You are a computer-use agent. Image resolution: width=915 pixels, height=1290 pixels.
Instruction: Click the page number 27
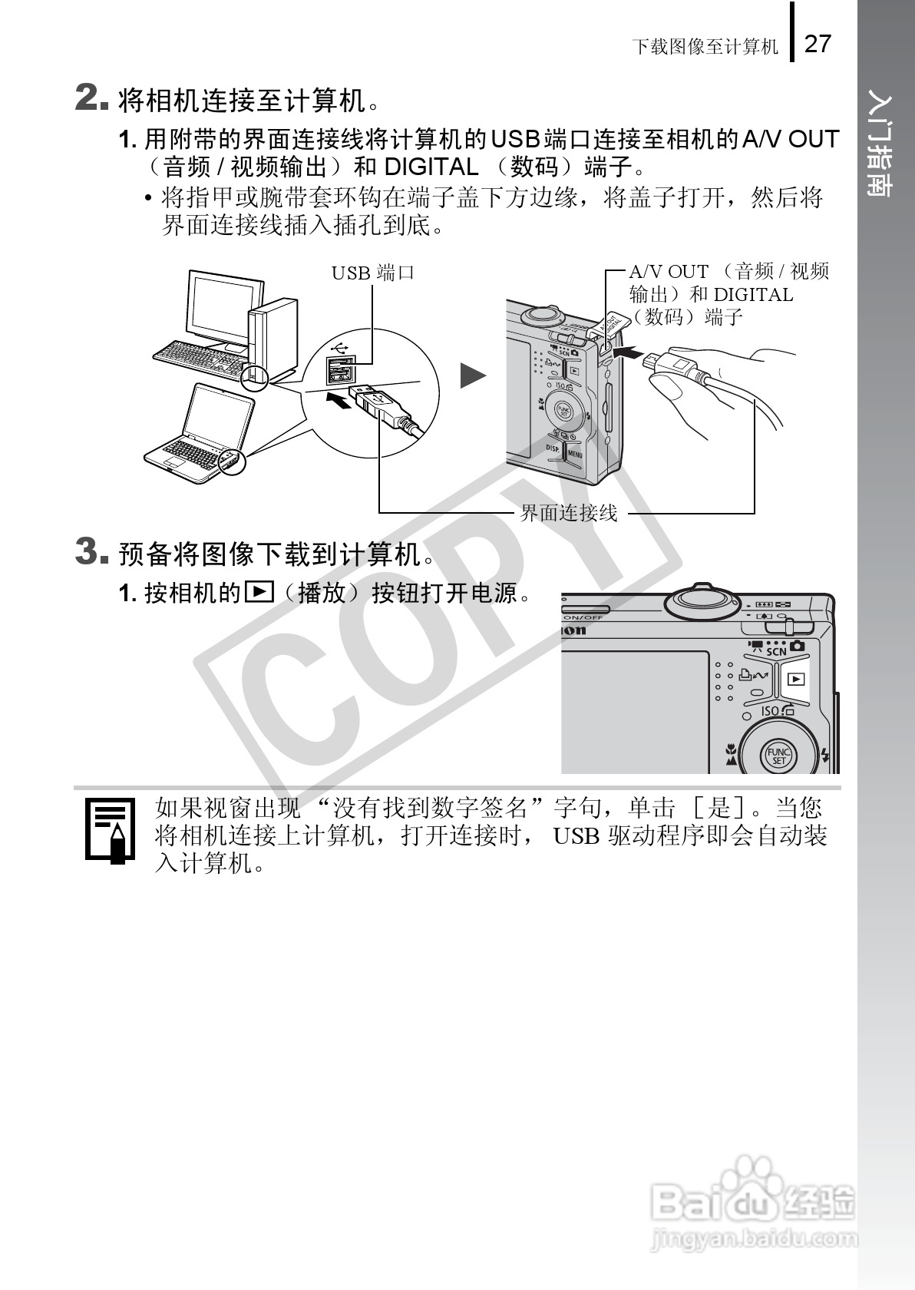[818, 44]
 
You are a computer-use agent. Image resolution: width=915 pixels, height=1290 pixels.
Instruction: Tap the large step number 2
[91, 97]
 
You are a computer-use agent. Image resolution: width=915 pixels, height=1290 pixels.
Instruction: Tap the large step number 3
[91, 551]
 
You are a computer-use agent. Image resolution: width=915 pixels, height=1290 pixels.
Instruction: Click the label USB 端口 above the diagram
[373, 273]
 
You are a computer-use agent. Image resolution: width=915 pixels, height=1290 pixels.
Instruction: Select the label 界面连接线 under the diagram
[569, 513]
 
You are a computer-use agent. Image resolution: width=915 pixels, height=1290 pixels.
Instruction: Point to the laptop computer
[199, 433]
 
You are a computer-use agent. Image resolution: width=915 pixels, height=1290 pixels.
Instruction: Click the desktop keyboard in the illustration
[202, 359]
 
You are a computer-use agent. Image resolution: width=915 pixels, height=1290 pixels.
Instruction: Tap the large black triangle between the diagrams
[473, 376]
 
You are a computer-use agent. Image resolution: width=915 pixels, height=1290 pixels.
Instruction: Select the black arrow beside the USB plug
[339, 399]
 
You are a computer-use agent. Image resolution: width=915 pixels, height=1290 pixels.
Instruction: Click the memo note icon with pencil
[110, 831]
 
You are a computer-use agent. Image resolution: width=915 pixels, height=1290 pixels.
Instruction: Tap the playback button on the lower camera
[796, 680]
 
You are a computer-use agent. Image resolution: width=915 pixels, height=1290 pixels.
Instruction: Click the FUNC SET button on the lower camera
[778, 756]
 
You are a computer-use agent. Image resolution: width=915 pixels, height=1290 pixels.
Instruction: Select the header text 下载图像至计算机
[705, 46]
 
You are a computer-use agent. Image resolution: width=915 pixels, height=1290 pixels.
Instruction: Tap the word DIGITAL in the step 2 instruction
[431, 167]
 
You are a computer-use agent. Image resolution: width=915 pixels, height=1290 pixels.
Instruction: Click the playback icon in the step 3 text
[259, 591]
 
